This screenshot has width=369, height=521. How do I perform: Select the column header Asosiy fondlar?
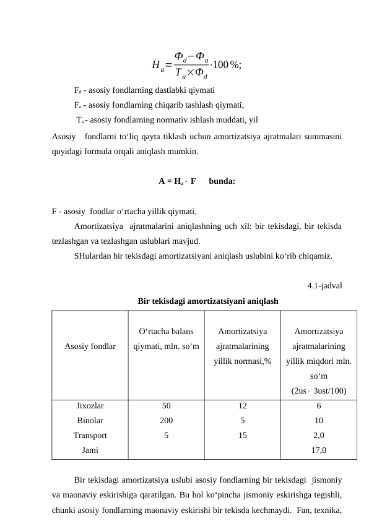pyautogui.click(x=90, y=347)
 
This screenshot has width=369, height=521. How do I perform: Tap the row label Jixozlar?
pyautogui.click(x=90, y=406)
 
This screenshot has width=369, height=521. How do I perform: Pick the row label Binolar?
pyautogui.click(x=90, y=420)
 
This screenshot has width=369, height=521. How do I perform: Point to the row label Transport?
pyautogui.click(x=90, y=435)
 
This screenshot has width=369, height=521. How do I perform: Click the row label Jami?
pyautogui.click(x=90, y=450)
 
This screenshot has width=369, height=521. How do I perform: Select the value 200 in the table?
pyautogui.click(x=166, y=420)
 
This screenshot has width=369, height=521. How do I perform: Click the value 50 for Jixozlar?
pyautogui.click(x=166, y=406)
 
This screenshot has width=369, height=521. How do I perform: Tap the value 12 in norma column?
pyautogui.click(x=242, y=406)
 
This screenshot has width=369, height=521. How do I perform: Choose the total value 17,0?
pyautogui.click(x=318, y=450)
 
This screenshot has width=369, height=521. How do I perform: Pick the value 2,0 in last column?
pyautogui.click(x=318, y=435)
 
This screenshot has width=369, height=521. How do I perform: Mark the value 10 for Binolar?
pyautogui.click(x=318, y=420)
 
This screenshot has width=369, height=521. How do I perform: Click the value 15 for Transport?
pyautogui.click(x=242, y=435)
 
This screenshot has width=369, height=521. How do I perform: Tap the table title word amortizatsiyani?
pyautogui.click(x=227, y=301)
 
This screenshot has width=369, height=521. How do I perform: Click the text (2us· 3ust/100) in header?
pyautogui.click(x=318, y=390)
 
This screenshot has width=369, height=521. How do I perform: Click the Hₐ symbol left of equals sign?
pyautogui.click(x=157, y=66)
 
